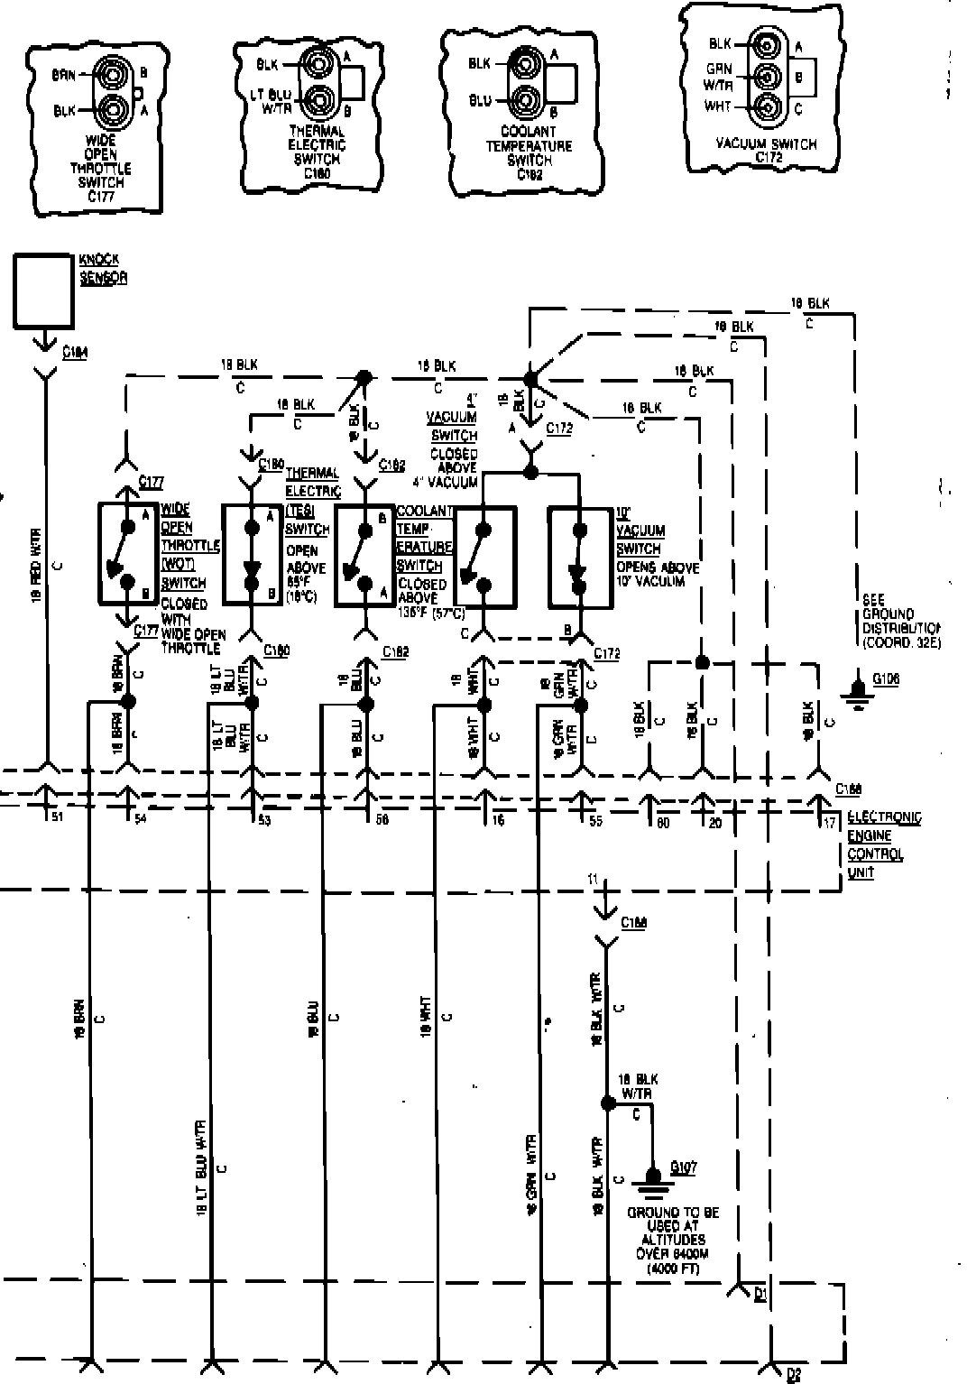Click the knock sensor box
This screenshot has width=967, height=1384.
[x=42, y=289]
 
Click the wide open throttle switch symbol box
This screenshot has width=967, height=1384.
[x=127, y=553]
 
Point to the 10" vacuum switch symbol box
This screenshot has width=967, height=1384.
[x=578, y=558]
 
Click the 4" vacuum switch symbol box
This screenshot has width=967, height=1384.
[x=483, y=556]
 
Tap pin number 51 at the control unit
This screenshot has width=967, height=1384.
[x=56, y=817]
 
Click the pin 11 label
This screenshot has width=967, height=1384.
[x=592, y=878]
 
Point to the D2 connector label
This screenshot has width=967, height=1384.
[x=793, y=1374]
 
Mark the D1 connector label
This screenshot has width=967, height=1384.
[x=760, y=1296]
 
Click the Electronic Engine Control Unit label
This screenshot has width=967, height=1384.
[x=884, y=844]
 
